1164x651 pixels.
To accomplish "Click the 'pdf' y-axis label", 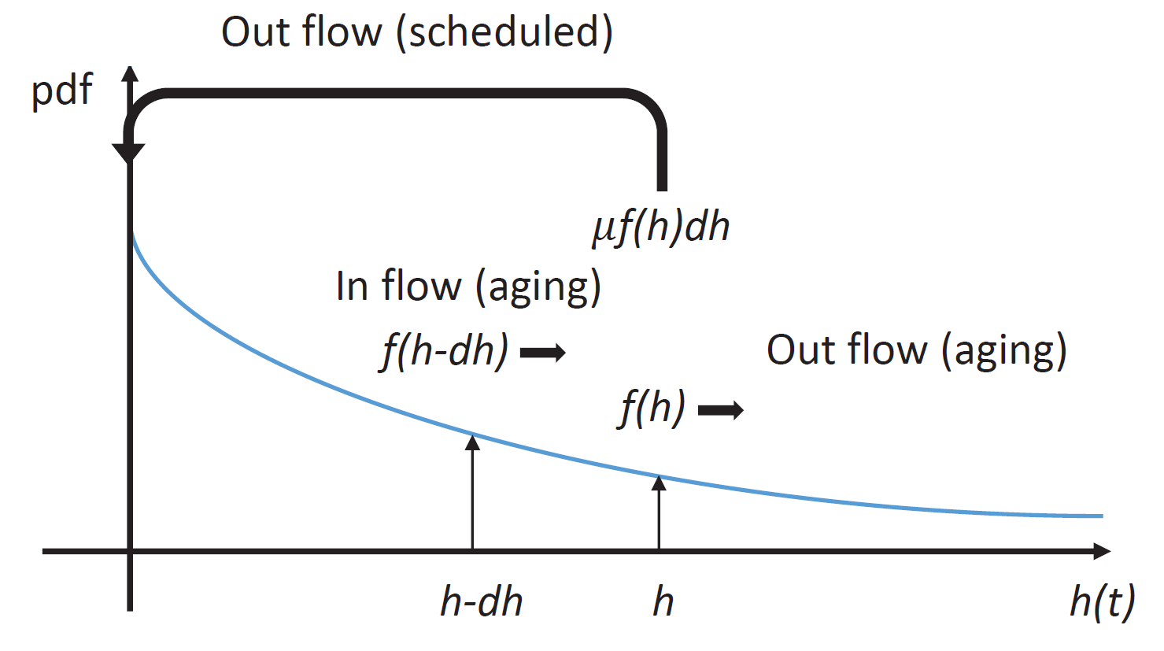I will [x=62, y=90].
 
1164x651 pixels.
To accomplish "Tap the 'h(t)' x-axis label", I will [x=1102, y=603].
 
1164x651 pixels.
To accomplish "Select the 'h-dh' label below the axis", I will [x=481, y=603].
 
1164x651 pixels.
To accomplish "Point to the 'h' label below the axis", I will [x=663, y=603].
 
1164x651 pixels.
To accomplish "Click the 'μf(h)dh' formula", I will [x=661, y=227].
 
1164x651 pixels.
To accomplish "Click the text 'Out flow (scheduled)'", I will [x=416, y=33].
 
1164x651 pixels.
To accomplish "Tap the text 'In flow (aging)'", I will [x=468, y=287].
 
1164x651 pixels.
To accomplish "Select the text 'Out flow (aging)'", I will [x=916, y=350].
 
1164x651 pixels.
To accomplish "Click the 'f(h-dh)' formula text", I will [x=445, y=350].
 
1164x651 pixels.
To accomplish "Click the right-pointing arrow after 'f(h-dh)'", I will [x=543, y=353].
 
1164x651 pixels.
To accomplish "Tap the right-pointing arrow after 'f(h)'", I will [x=721, y=410].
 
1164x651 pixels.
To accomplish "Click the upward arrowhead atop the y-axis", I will [x=131, y=74].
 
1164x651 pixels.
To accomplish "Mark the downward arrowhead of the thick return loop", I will [x=128, y=153].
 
